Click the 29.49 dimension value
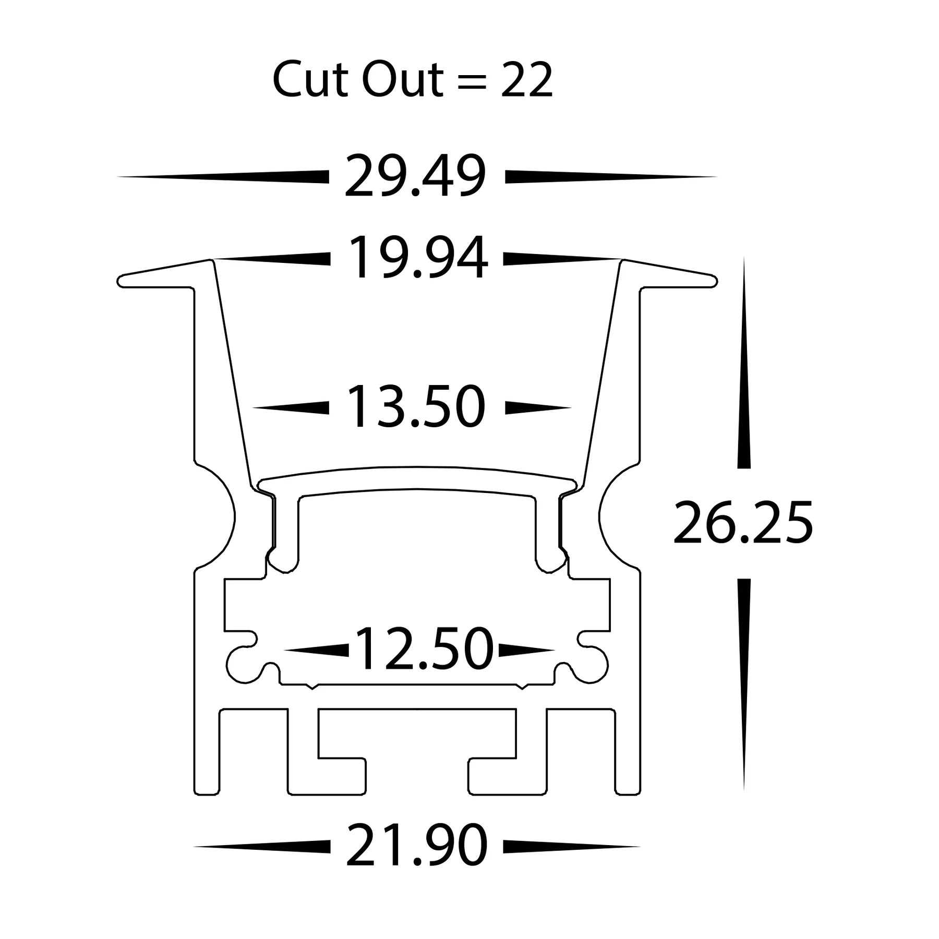coord(415,177)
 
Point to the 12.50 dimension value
coord(424,650)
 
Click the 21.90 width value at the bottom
coord(417,846)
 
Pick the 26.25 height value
coord(743,523)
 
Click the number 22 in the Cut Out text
coord(527,81)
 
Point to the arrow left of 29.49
coord(224,177)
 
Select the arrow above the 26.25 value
coord(744,365)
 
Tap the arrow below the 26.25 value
coord(744,678)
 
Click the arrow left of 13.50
coord(292,407)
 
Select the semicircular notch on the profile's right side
coord(616,516)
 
